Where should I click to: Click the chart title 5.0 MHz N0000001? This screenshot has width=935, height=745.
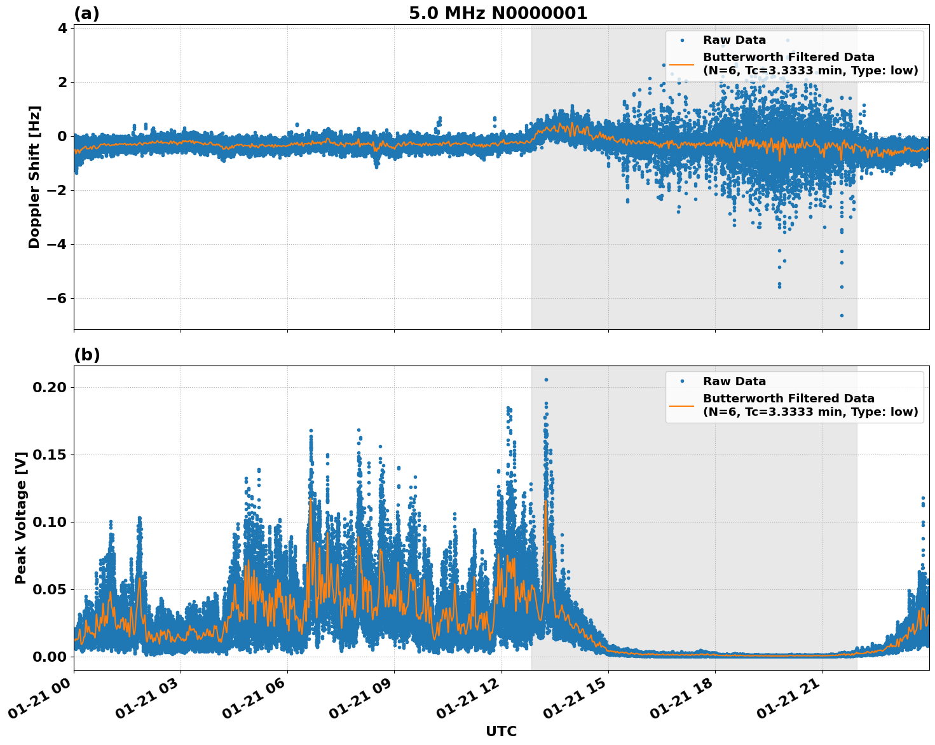coord(498,13)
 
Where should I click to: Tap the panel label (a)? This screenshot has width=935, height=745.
coord(86,13)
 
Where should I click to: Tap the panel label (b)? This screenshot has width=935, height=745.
coord(86,355)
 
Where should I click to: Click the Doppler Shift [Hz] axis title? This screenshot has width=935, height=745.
coord(34,177)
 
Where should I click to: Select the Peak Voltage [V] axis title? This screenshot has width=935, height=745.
coord(21,517)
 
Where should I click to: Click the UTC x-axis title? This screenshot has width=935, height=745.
coord(501,731)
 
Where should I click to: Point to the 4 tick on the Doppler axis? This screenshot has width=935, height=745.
coord(62,28)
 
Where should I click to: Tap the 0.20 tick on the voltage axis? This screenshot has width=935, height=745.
coord(52,387)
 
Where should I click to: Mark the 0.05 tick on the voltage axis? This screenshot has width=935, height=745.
coord(52,589)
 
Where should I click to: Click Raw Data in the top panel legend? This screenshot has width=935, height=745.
coord(734,40)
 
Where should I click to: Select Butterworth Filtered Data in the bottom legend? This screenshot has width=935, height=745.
coord(788,399)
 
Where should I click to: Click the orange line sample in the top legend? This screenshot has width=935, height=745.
coord(681,64)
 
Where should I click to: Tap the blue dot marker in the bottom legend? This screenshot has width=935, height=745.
coord(681,381)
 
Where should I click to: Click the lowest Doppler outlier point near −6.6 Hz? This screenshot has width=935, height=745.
coord(842,315)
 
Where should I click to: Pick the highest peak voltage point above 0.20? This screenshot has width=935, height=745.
coord(545,379)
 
